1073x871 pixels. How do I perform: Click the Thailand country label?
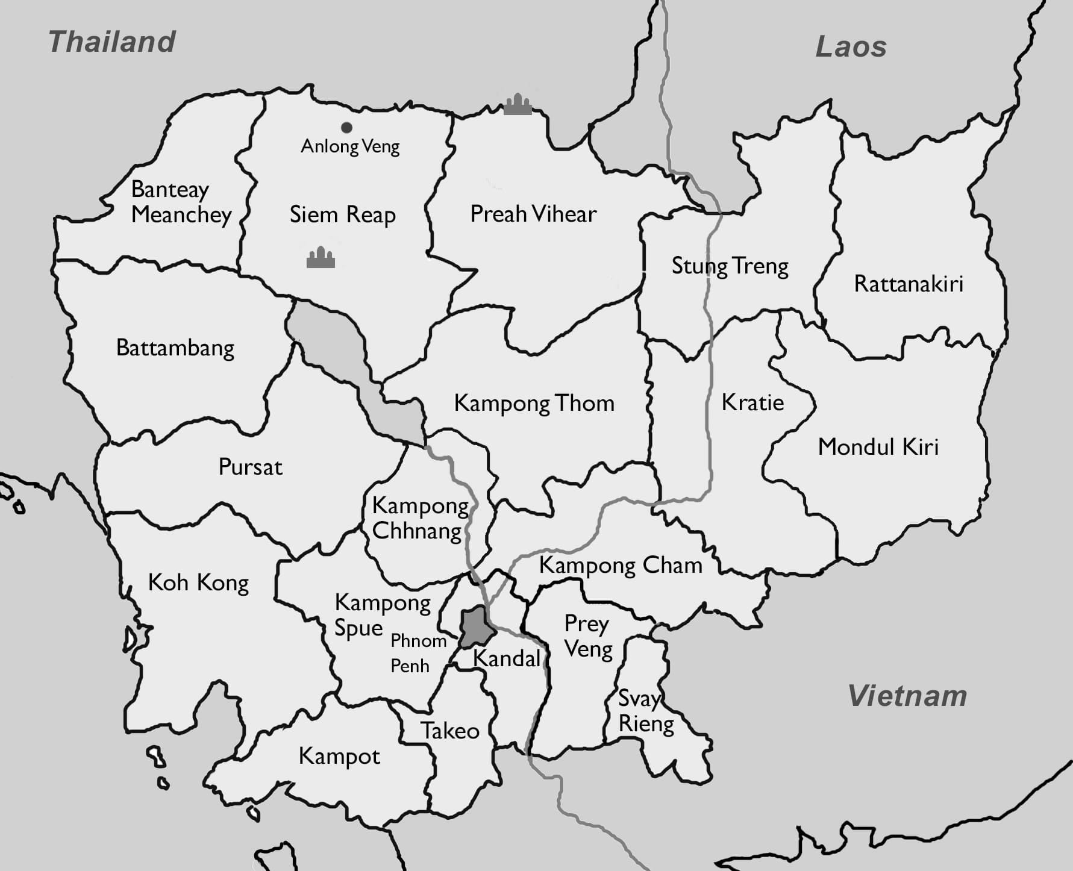coord(112,42)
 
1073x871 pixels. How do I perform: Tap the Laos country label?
coord(851,47)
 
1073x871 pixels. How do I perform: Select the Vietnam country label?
coord(907,696)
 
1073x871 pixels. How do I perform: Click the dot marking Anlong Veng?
coord(346,128)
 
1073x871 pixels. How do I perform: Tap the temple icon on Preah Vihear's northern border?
coord(518,105)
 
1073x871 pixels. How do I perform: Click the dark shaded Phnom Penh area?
coord(475,626)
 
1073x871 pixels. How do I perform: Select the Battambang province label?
coord(175,348)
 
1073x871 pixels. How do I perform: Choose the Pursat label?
coord(250,467)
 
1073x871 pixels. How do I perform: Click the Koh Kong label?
coord(198,583)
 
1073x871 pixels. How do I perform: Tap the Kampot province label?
coord(339,756)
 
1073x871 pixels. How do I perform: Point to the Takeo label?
coord(450,731)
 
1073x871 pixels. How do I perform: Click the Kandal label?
coord(507,658)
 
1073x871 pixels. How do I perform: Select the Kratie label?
coord(752,402)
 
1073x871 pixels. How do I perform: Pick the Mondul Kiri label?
coord(878,447)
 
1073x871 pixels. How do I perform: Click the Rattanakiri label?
coord(909,284)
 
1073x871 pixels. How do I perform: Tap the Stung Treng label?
coord(730,266)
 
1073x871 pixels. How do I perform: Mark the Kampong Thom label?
coord(534,404)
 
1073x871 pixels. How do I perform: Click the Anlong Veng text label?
coord(350,146)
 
